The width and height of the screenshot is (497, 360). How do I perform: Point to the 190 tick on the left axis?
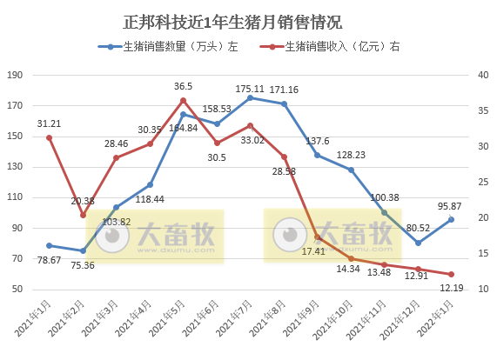pyautogui.click(x=14, y=76)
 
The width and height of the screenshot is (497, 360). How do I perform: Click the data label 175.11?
pyautogui.click(x=250, y=88)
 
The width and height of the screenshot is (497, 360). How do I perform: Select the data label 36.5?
pyautogui.click(x=183, y=86)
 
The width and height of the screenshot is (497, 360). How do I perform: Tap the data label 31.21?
pyautogui.click(x=49, y=123)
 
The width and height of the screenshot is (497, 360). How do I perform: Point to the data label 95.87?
pyautogui.click(x=451, y=205)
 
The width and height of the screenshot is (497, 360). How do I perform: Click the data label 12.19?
pyautogui.click(x=451, y=287)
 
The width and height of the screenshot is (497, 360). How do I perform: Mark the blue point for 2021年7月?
pyautogui.click(x=250, y=98)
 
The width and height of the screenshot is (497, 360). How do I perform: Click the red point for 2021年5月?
pyautogui.click(x=183, y=100)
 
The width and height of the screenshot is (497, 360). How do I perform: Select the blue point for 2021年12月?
pyautogui.click(x=418, y=243)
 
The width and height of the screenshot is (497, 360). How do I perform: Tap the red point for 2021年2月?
pyautogui.click(x=83, y=215)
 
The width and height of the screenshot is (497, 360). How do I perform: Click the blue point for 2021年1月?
pyautogui.click(x=49, y=245)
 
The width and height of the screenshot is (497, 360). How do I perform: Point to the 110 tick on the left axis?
pyautogui.click(x=14, y=198)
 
